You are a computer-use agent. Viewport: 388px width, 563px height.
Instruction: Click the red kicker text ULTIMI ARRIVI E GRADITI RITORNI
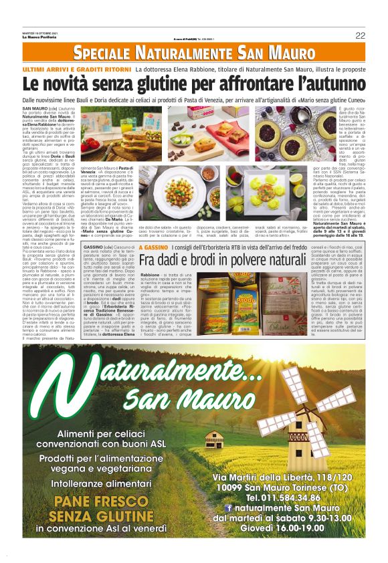point(74,70)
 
